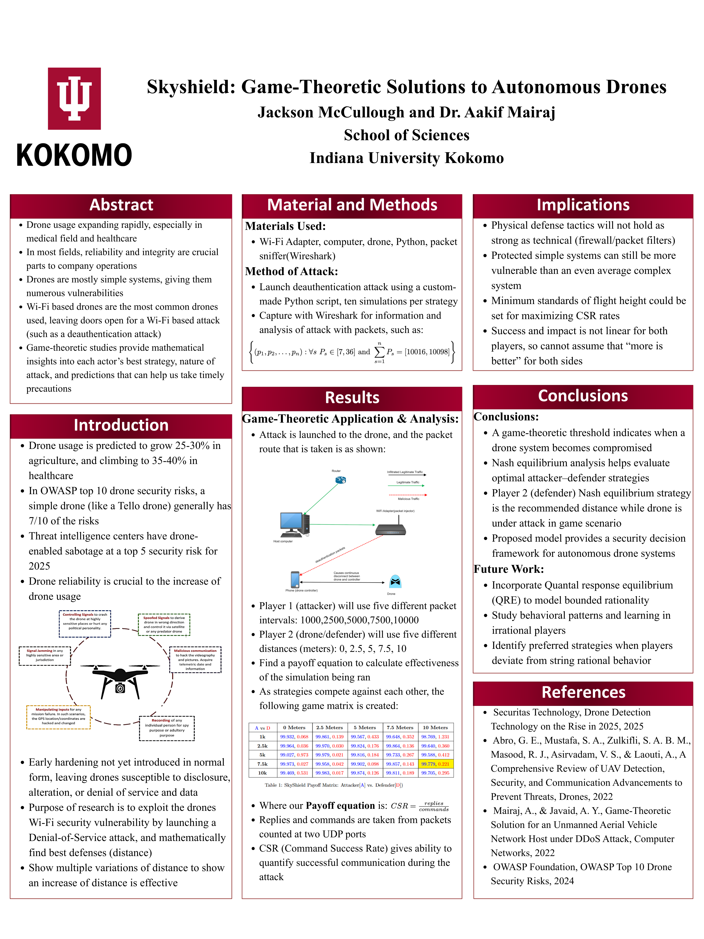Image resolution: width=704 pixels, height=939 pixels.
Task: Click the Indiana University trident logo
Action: [74, 98]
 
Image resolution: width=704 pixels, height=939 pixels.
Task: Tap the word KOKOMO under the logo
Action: [74, 155]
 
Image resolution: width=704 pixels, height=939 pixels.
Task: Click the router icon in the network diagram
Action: [340, 480]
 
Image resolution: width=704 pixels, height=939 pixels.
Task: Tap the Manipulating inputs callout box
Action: [58, 717]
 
